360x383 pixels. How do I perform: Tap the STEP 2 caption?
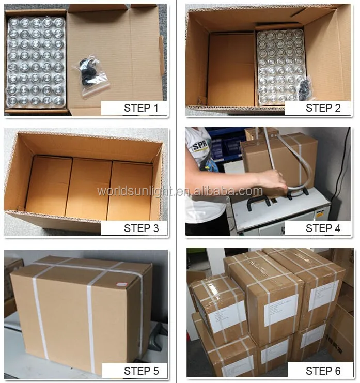[318, 108]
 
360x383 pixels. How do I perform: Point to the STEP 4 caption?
[318, 228]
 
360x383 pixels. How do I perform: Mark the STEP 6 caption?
[318, 370]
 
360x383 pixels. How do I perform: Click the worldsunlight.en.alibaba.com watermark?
[180, 191]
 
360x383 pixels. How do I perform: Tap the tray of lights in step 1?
[36, 61]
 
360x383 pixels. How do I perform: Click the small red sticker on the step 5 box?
[121, 284]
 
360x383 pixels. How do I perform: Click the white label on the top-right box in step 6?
[323, 295]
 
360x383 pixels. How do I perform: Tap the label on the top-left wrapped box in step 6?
[227, 316]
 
